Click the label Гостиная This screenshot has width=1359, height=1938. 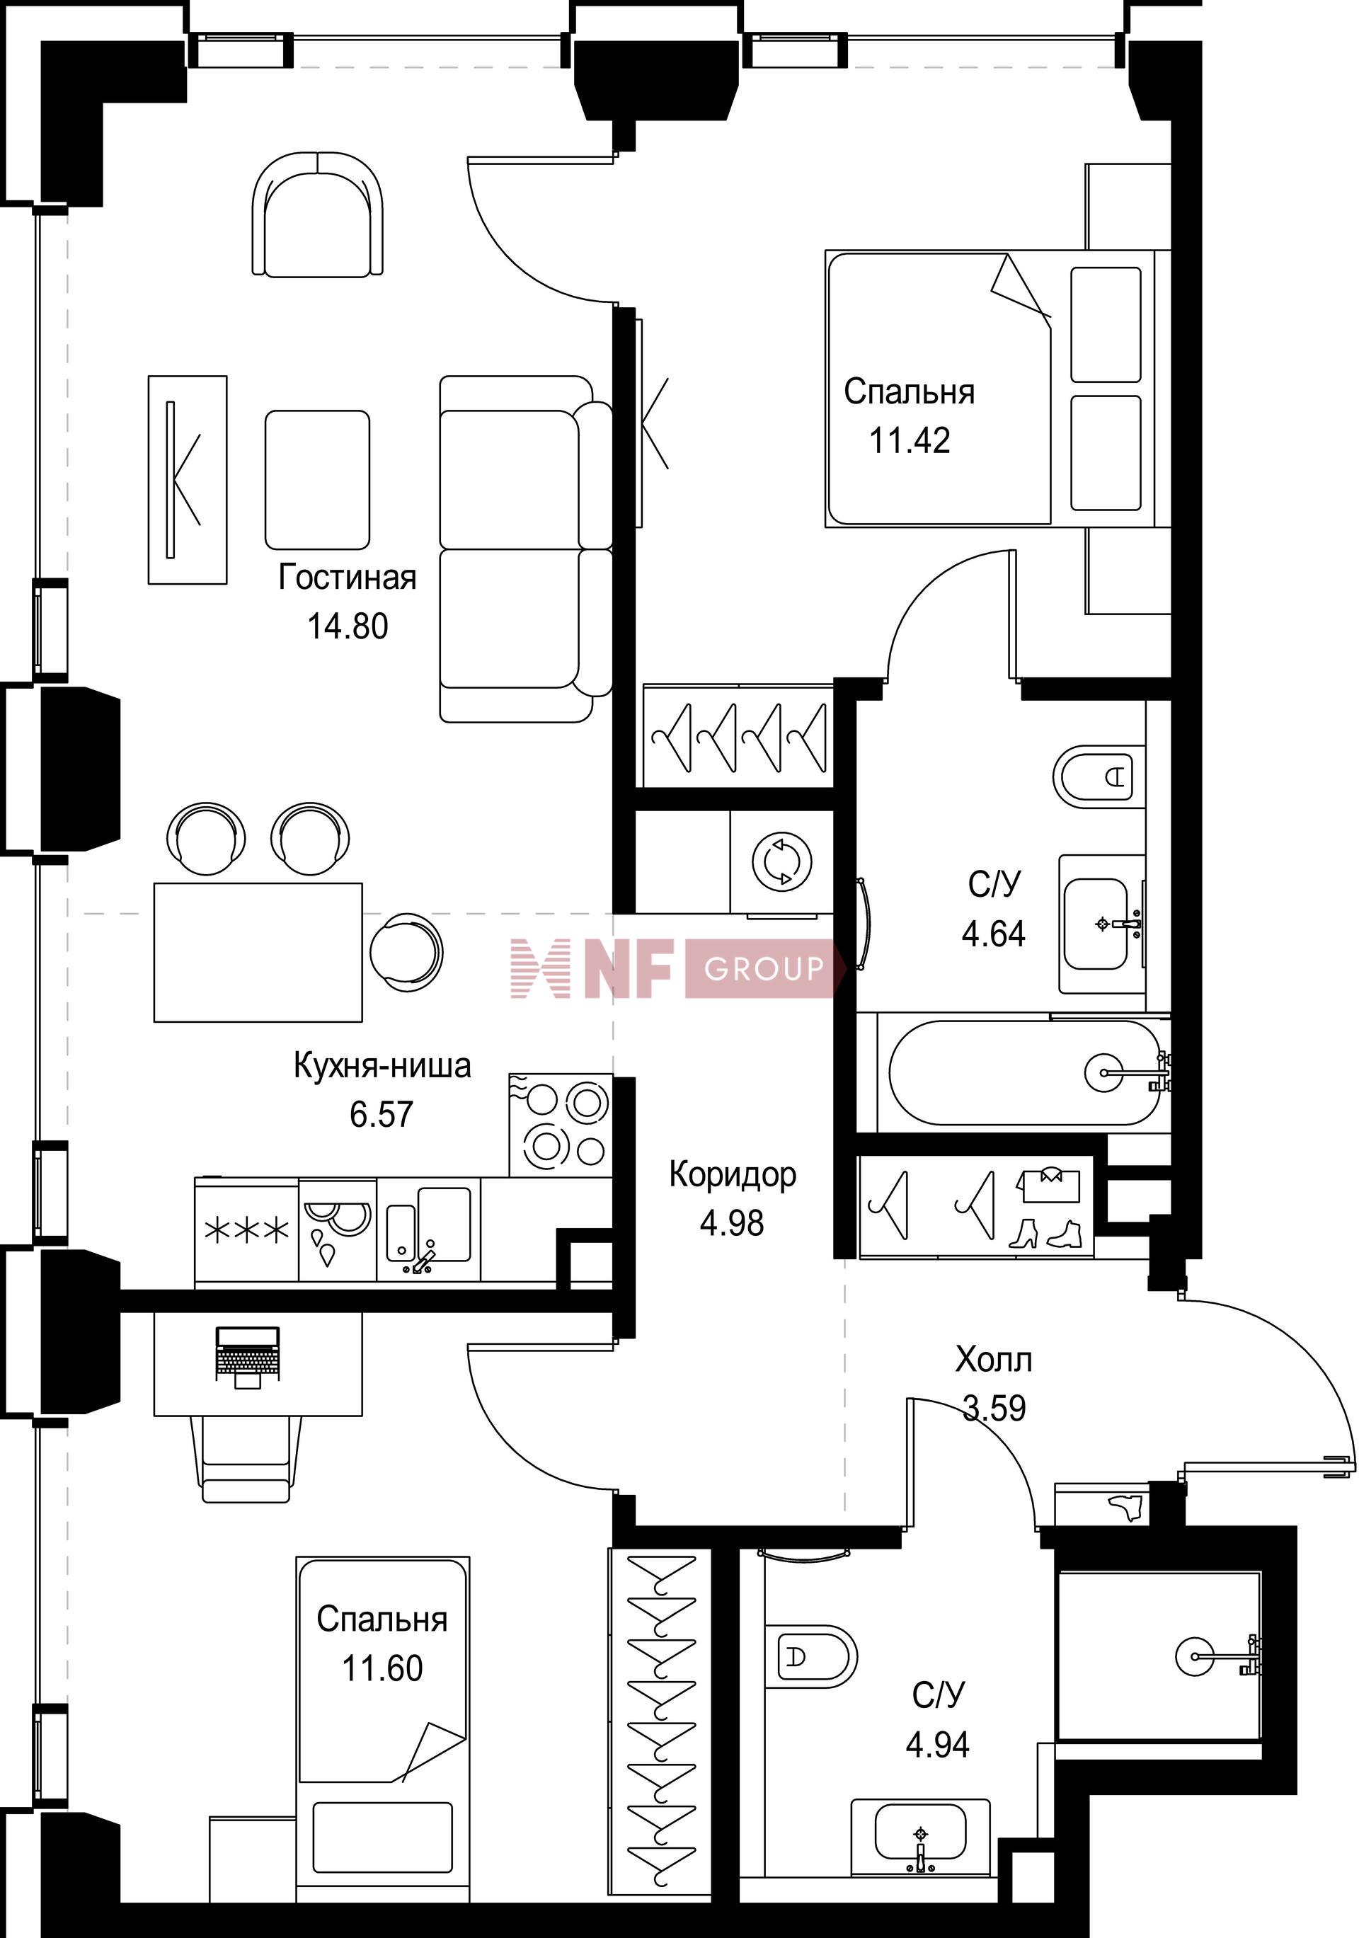coord(347,578)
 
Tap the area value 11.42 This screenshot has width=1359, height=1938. coord(910,440)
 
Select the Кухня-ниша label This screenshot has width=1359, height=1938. coord(382,1065)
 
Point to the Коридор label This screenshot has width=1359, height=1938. coord(732,1175)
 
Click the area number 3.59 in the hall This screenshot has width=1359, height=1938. coord(994,1408)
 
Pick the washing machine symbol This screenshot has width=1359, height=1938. coord(782,863)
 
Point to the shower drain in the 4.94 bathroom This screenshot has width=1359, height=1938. coord(1196,1656)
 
